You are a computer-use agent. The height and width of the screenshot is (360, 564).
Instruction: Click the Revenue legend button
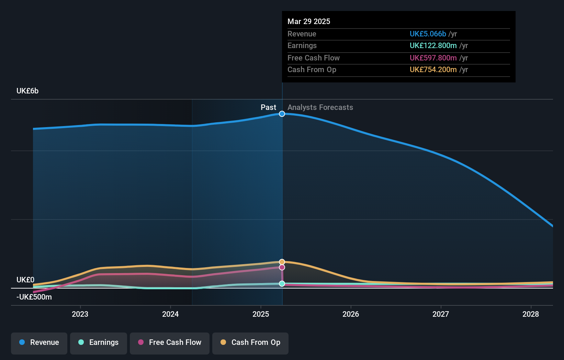pos(39,342)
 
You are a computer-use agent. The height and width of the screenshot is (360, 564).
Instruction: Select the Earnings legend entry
pos(99,342)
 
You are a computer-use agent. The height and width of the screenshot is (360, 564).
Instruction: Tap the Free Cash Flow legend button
pos(170,342)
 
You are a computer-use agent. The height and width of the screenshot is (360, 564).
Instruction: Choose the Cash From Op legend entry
pos(250,342)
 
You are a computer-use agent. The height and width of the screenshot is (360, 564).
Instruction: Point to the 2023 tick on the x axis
pos(80,314)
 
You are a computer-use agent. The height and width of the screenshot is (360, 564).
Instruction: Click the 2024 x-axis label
pos(170,314)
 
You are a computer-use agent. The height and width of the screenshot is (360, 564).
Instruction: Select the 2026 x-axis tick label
pos(351,314)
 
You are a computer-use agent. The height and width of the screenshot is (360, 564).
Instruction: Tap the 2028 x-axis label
pos(531,314)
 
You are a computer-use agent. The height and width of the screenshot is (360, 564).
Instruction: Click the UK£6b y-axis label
pos(27,91)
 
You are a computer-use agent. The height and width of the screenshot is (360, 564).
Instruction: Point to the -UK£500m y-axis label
pos(34,297)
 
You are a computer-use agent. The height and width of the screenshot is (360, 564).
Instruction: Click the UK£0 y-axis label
pos(25,280)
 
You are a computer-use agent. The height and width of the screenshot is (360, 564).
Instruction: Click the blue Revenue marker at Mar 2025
pos(282,114)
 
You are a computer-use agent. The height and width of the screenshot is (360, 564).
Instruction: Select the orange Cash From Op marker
pos(282,262)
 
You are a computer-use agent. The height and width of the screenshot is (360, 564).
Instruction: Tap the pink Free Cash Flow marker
pos(282,267)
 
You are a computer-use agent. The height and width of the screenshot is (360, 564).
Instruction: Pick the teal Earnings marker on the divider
pos(282,284)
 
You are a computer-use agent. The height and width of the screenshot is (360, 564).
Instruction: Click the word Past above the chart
pos(268,108)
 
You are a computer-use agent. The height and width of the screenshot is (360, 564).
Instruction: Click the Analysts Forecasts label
pos(320,108)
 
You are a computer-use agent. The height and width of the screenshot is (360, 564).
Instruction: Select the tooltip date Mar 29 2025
pos(309,22)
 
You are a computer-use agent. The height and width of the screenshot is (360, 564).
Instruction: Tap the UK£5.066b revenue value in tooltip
pos(428,34)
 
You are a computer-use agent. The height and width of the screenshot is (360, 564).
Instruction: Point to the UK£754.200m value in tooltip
pos(433,70)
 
